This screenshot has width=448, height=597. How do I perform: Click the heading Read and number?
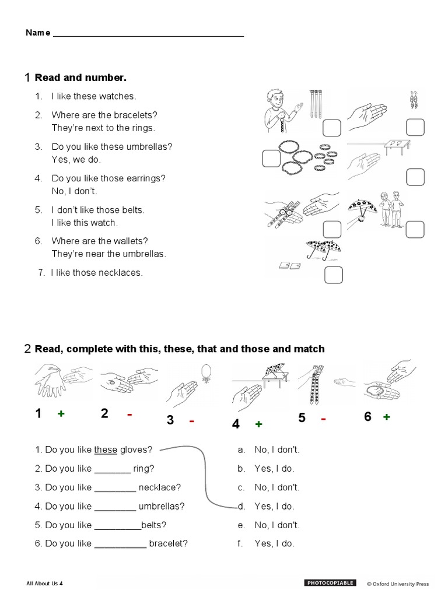[x=80, y=78]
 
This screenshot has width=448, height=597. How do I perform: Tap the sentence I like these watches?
[x=93, y=96]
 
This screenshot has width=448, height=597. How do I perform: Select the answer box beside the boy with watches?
[x=332, y=128]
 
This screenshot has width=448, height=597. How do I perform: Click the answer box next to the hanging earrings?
[x=415, y=127]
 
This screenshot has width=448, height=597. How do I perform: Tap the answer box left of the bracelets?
[x=271, y=158]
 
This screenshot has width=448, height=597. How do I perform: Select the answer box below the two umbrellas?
[x=332, y=274]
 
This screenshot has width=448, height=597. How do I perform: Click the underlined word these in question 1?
[x=106, y=449]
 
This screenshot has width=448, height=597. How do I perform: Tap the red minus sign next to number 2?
[x=129, y=414]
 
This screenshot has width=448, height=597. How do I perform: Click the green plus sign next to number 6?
[x=386, y=417]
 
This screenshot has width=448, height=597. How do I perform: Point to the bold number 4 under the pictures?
[x=236, y=424]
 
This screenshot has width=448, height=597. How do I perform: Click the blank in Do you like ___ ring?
[x=112, y=468]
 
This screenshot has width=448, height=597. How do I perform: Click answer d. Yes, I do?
[x=274, y=506]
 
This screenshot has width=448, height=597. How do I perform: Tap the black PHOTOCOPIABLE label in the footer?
[x=330, y=583]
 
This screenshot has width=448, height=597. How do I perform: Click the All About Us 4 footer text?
[x=44, y=584]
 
